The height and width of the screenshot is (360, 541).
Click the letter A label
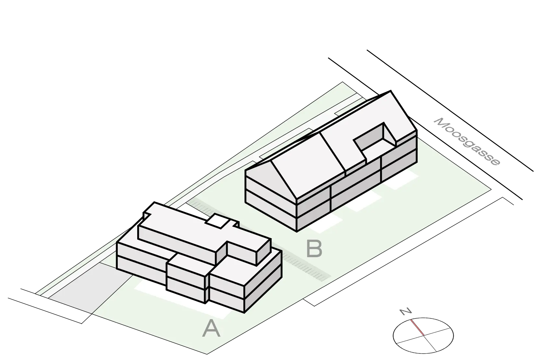[211, 328]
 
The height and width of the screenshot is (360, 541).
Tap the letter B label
[314, 249]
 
